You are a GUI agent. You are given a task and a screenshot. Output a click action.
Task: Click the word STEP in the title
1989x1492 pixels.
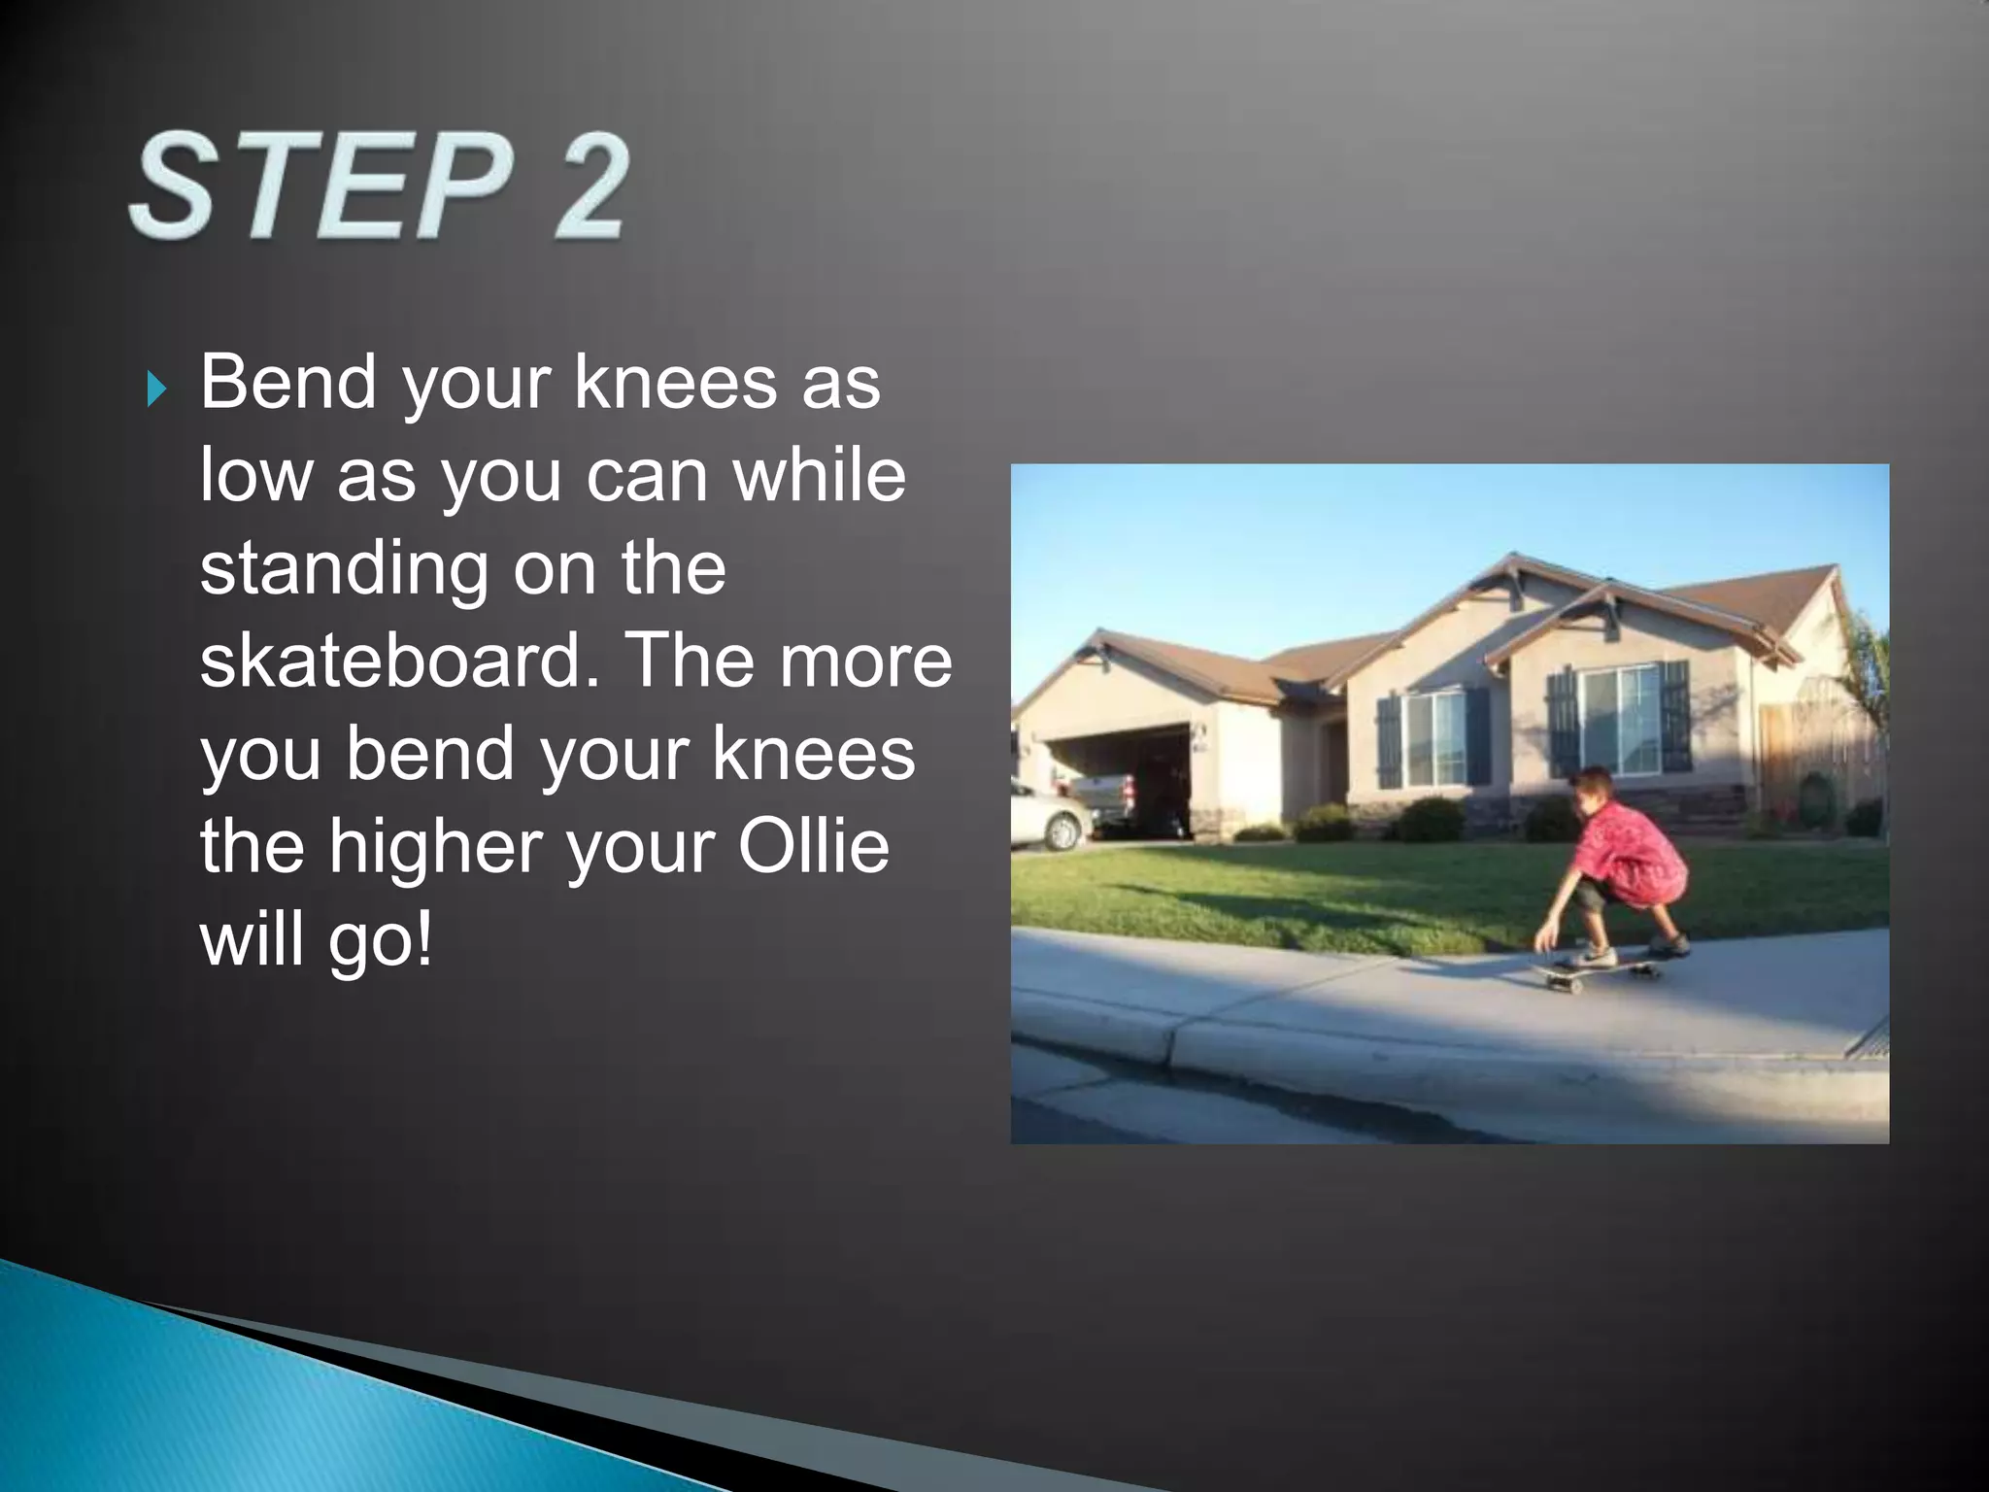[320, 186]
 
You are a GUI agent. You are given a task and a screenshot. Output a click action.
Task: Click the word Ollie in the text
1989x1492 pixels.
[814, 845]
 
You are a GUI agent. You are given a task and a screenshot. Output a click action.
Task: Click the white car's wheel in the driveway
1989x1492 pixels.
[1064, 831]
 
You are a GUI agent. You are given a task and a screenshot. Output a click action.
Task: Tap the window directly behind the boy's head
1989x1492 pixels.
[1620, 719]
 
